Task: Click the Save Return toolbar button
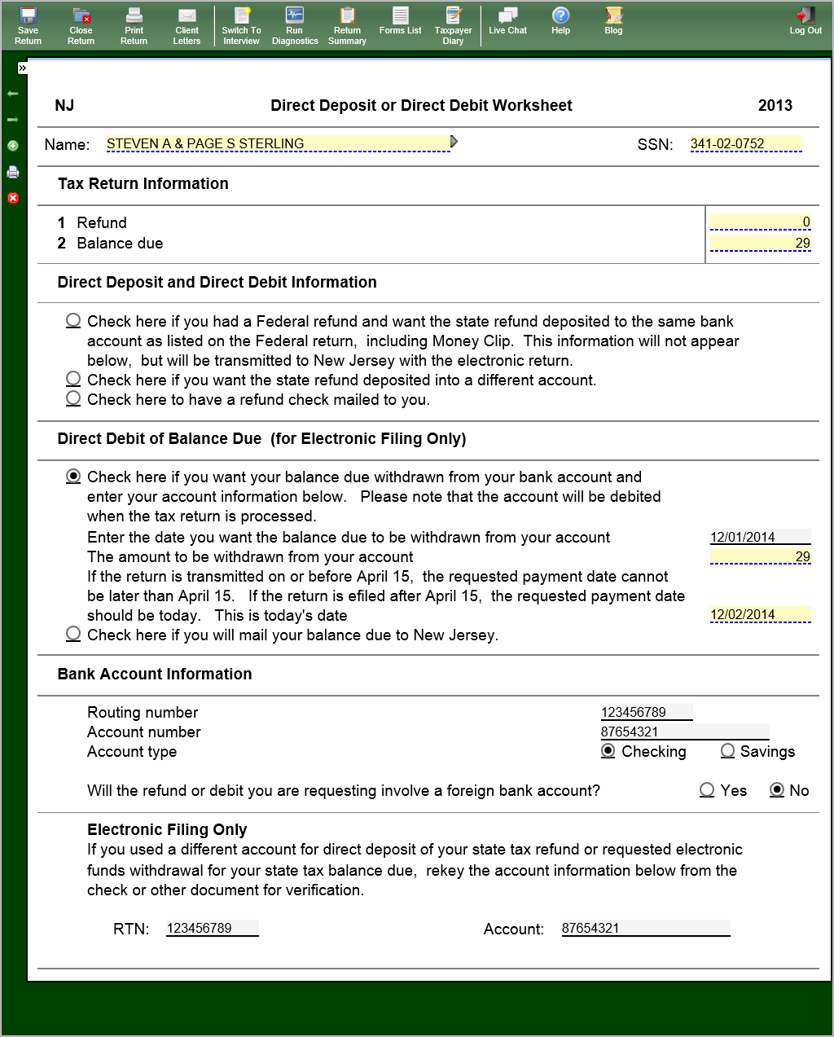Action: point(28,25)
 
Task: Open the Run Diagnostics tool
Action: point(295,25)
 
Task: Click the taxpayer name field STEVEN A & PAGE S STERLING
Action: point(277,143)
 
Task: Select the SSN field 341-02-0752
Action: point(745,143)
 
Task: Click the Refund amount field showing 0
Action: point(760,222)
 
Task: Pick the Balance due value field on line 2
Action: point(760,243)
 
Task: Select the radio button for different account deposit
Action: point(73,379)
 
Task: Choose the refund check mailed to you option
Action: point(73,398)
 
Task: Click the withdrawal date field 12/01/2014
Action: point(760,537)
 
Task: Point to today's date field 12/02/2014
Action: point(760,614)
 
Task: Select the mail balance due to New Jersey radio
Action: point(73,634)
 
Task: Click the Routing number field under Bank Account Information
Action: point(646,712)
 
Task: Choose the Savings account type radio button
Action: point(727,751)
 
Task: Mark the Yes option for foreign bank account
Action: point(707,790)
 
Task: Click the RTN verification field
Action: point(212,928)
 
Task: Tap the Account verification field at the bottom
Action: point(645,928)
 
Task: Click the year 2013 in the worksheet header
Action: point(775,105)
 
